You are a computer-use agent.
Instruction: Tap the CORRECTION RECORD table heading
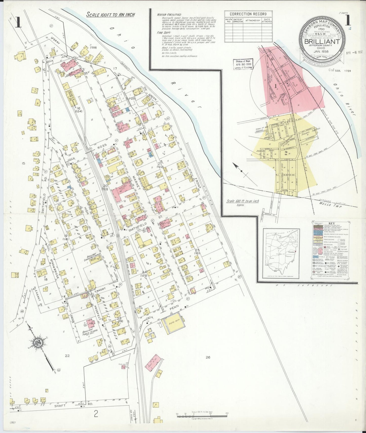coord(248,14)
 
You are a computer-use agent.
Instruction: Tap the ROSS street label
coord(102,145)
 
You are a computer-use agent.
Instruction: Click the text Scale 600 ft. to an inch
coord(243,201)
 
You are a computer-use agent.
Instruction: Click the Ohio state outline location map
coord(281,253)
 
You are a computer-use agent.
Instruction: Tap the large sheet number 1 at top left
coord(18,22)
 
